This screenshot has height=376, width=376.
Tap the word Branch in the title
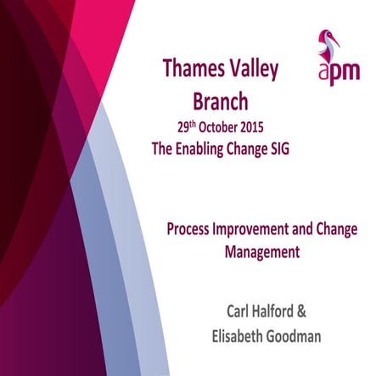[220, 103]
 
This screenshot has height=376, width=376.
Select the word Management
[262, 251]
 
